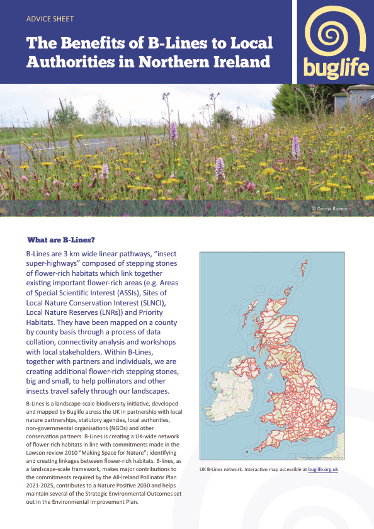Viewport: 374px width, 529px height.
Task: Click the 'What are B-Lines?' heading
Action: click(62, 241)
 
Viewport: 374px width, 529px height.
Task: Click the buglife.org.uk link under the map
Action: click(324, 469)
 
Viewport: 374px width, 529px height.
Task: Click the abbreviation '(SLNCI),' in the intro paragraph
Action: click(165, 304)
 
